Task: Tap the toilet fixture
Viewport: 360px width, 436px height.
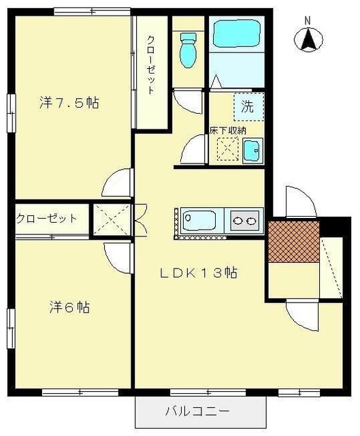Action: (x=187, y=48)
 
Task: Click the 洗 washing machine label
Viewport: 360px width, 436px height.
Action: (x=248, y=106)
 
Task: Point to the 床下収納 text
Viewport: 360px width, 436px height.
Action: (x=227, y=130)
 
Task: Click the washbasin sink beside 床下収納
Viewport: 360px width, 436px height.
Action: (x=251, y=149)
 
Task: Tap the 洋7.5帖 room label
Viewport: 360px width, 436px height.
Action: (x=69, y=103)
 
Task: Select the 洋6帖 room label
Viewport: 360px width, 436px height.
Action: (x=69, y=307)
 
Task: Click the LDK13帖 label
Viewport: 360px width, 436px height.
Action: (x=198, y=272)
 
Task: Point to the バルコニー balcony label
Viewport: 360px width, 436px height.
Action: (x=197, y=411)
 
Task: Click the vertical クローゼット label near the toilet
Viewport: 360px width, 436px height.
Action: (x=150, y=65)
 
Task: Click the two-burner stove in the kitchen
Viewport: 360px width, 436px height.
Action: (x=245, y=220)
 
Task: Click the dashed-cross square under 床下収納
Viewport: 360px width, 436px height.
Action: (x=227, y=148)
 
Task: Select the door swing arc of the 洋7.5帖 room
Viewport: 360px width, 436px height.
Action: (x=116, y=183)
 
